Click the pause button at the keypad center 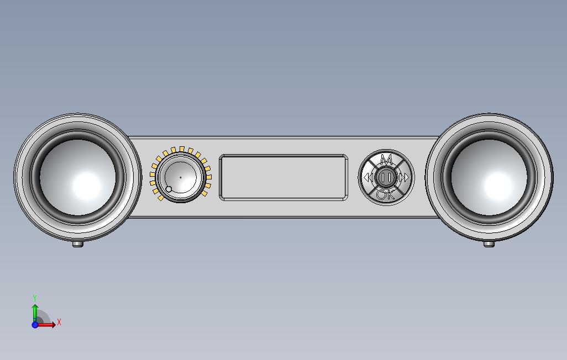(x=386, y=177)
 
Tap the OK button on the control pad (x=386, y=195)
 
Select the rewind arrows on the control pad (x=368, y=177)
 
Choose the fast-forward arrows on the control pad (x=405, y=177)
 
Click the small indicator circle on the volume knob (x=169, y=189)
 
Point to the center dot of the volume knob (x=181, y=177)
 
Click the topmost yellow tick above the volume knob (x=181, y=149)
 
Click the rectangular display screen (x=283, y=177)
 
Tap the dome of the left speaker (x=77, y=177)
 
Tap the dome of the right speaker (x=489, y=177)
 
